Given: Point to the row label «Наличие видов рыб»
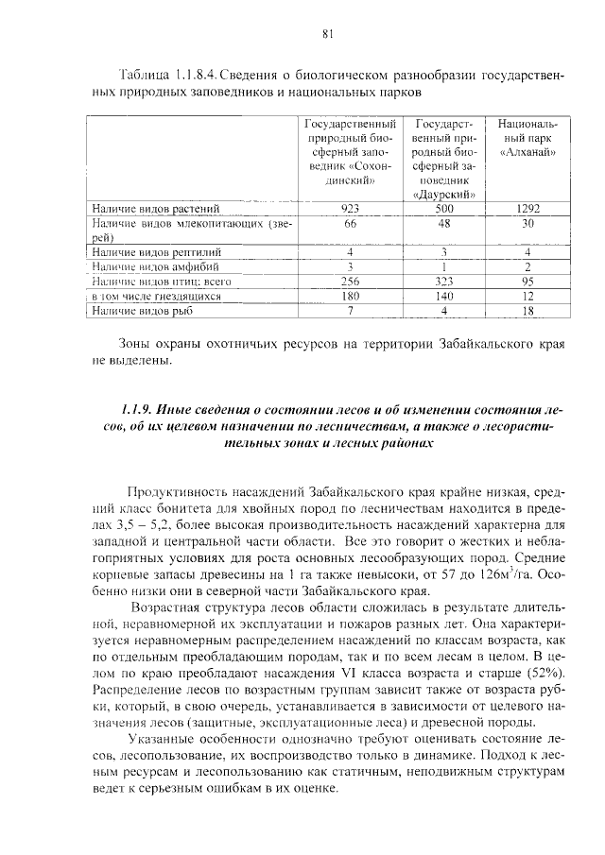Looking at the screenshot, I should point(141,310).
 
